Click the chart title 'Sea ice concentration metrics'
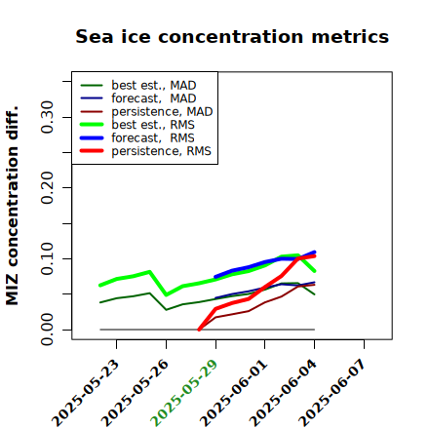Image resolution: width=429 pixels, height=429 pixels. click(x=232, y=36)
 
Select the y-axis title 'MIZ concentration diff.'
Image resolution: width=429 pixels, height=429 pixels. click(x=12, y=206)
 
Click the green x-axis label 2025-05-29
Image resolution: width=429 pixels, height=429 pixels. click(x=184, y=393)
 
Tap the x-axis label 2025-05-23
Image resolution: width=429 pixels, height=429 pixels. click(x=85, y=393)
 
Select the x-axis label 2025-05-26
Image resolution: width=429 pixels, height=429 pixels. click(x=135, y=393)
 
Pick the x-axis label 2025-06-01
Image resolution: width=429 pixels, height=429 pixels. click(x=234, y=393)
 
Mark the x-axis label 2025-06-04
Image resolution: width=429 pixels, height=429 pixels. click(x=283, y=393)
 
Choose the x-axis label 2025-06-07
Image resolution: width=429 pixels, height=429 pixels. click(x=332, y=393)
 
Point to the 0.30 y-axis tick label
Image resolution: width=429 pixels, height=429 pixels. click(x=47, y=117)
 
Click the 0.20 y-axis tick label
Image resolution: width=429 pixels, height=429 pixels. click(x=47, y=187)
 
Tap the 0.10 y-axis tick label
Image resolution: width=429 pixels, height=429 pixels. click(x=47, y=258)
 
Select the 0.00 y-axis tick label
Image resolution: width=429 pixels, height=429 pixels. click(x=47, y=330)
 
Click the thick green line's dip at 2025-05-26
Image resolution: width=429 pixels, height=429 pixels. click(x=167, y=294)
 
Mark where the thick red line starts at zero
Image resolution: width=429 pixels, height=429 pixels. click(x=199, y=330)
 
